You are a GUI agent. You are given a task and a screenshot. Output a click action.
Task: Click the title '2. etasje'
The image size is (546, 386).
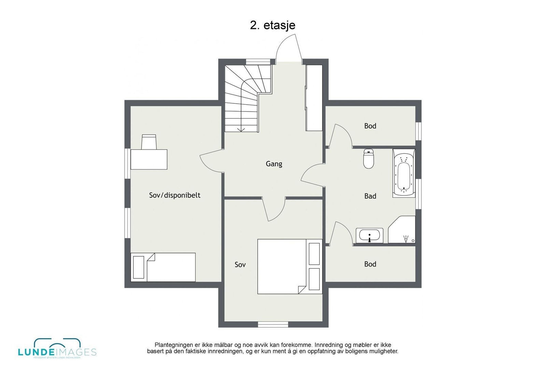[x=272, y=25]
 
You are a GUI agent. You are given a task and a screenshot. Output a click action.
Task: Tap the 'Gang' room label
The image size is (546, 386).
[x=274, y=164]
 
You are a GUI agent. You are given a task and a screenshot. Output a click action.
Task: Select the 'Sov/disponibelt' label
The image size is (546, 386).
[x=174, y=195]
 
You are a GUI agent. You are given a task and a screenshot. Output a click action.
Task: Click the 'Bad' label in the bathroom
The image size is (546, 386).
[x=370, y=196]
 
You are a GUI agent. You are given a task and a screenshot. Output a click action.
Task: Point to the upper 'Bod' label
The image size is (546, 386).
[x=370, y=126]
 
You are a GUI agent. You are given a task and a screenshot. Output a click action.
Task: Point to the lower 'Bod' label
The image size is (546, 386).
[x=370, y=264]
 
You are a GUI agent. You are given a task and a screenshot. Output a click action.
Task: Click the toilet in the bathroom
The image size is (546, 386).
[x=369, y=159]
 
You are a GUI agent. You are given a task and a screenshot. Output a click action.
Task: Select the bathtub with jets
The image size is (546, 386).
[x=404, y=173]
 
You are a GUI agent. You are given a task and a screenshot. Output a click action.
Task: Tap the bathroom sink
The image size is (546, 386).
[x=369, y=236]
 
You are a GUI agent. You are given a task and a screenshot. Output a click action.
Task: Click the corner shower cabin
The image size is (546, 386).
[x=403, y=230]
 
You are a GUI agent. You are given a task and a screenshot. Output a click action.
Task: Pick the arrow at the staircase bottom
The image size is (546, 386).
[x=241, y=129]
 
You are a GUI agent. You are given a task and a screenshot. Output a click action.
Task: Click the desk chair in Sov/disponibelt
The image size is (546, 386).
[x=149, y=142]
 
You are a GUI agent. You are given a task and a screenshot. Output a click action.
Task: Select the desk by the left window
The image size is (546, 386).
[x=149, y=159]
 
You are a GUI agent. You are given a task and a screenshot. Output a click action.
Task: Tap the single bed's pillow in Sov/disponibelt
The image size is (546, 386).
[x=139, y=267]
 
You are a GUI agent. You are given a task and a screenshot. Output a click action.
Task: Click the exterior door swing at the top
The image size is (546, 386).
[x=288, y=48]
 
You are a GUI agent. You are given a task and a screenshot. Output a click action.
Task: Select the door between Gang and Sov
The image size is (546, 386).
[x=274, y=209]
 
